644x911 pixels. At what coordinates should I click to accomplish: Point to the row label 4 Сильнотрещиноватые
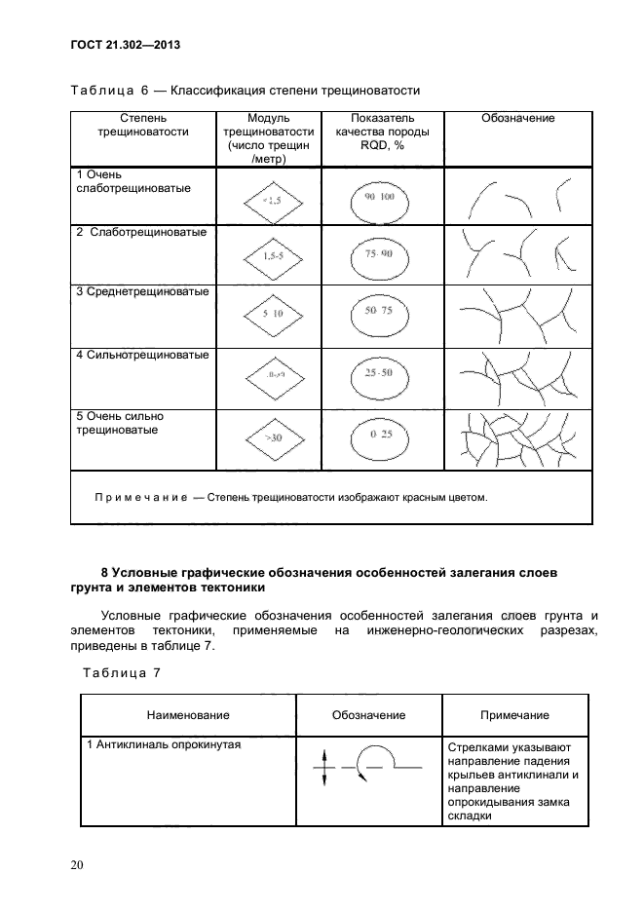pos(142,355)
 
